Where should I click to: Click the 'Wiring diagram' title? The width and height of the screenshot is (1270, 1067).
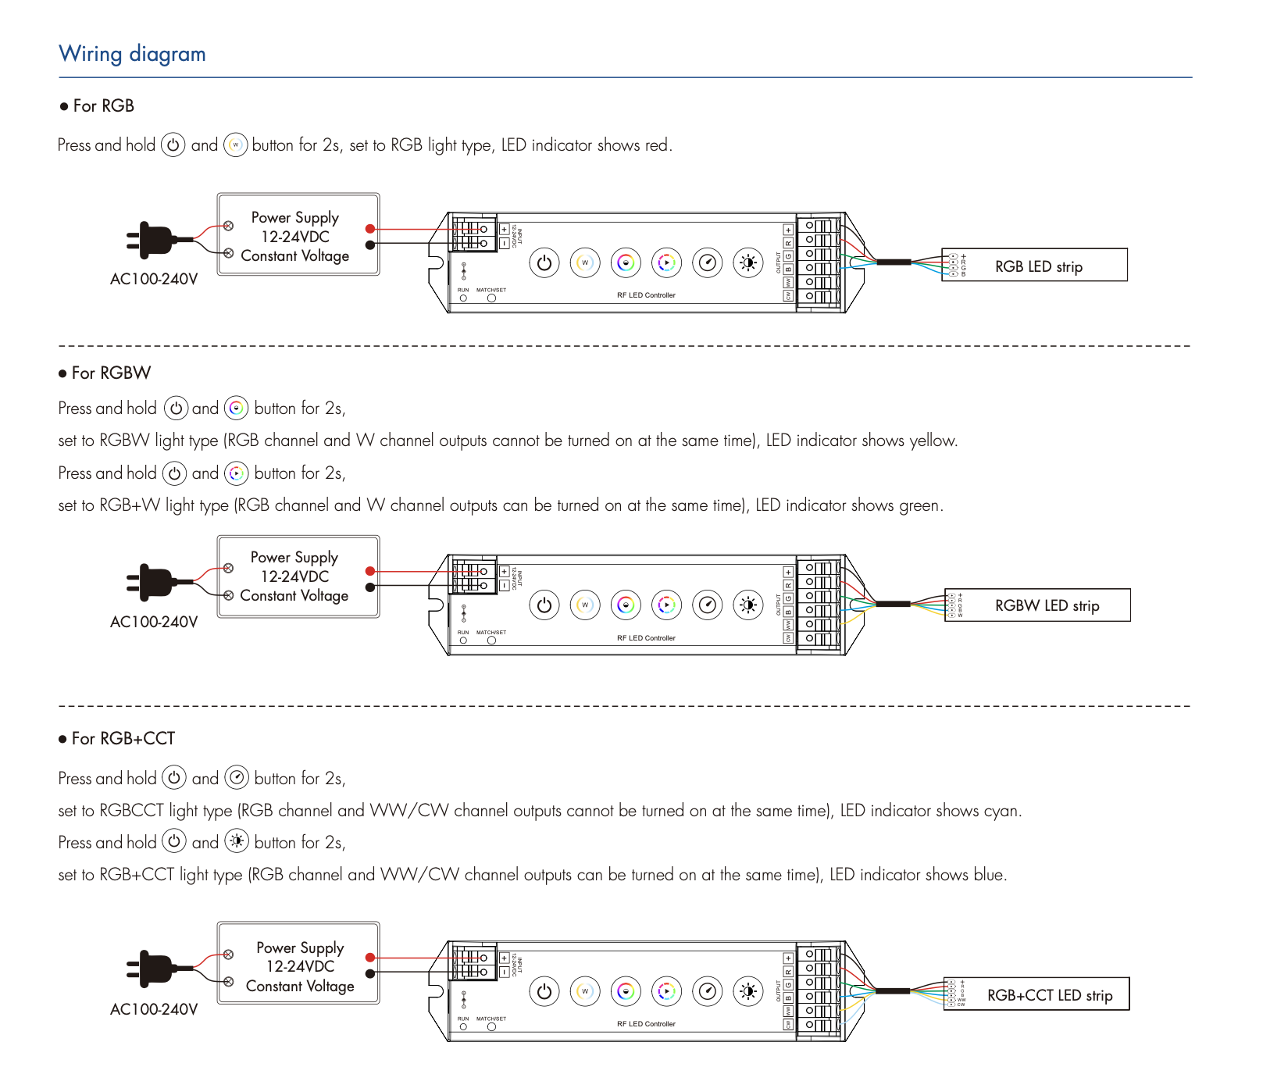132,54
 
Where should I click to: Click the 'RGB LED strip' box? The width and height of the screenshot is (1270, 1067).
1038,266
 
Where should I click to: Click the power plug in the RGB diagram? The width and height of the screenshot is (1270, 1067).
155,241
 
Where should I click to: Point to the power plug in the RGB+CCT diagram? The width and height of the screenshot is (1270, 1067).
155,969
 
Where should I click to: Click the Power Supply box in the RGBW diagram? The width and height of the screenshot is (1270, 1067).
298,576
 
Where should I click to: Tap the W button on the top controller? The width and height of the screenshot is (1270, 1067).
585,263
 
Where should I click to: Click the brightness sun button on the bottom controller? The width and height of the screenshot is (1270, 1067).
748,992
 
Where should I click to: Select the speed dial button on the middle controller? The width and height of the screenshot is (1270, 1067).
708,605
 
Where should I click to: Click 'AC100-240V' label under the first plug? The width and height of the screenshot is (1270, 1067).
154,280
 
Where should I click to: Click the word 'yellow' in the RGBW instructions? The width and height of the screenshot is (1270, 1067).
933,441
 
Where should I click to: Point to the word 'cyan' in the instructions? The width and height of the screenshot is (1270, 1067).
1001,811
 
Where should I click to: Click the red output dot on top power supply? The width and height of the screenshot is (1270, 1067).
370,229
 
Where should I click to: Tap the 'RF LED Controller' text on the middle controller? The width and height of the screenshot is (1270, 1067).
646,638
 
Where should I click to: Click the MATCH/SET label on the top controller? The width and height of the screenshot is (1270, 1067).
491,290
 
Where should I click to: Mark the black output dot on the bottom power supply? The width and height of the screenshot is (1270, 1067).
370,974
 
